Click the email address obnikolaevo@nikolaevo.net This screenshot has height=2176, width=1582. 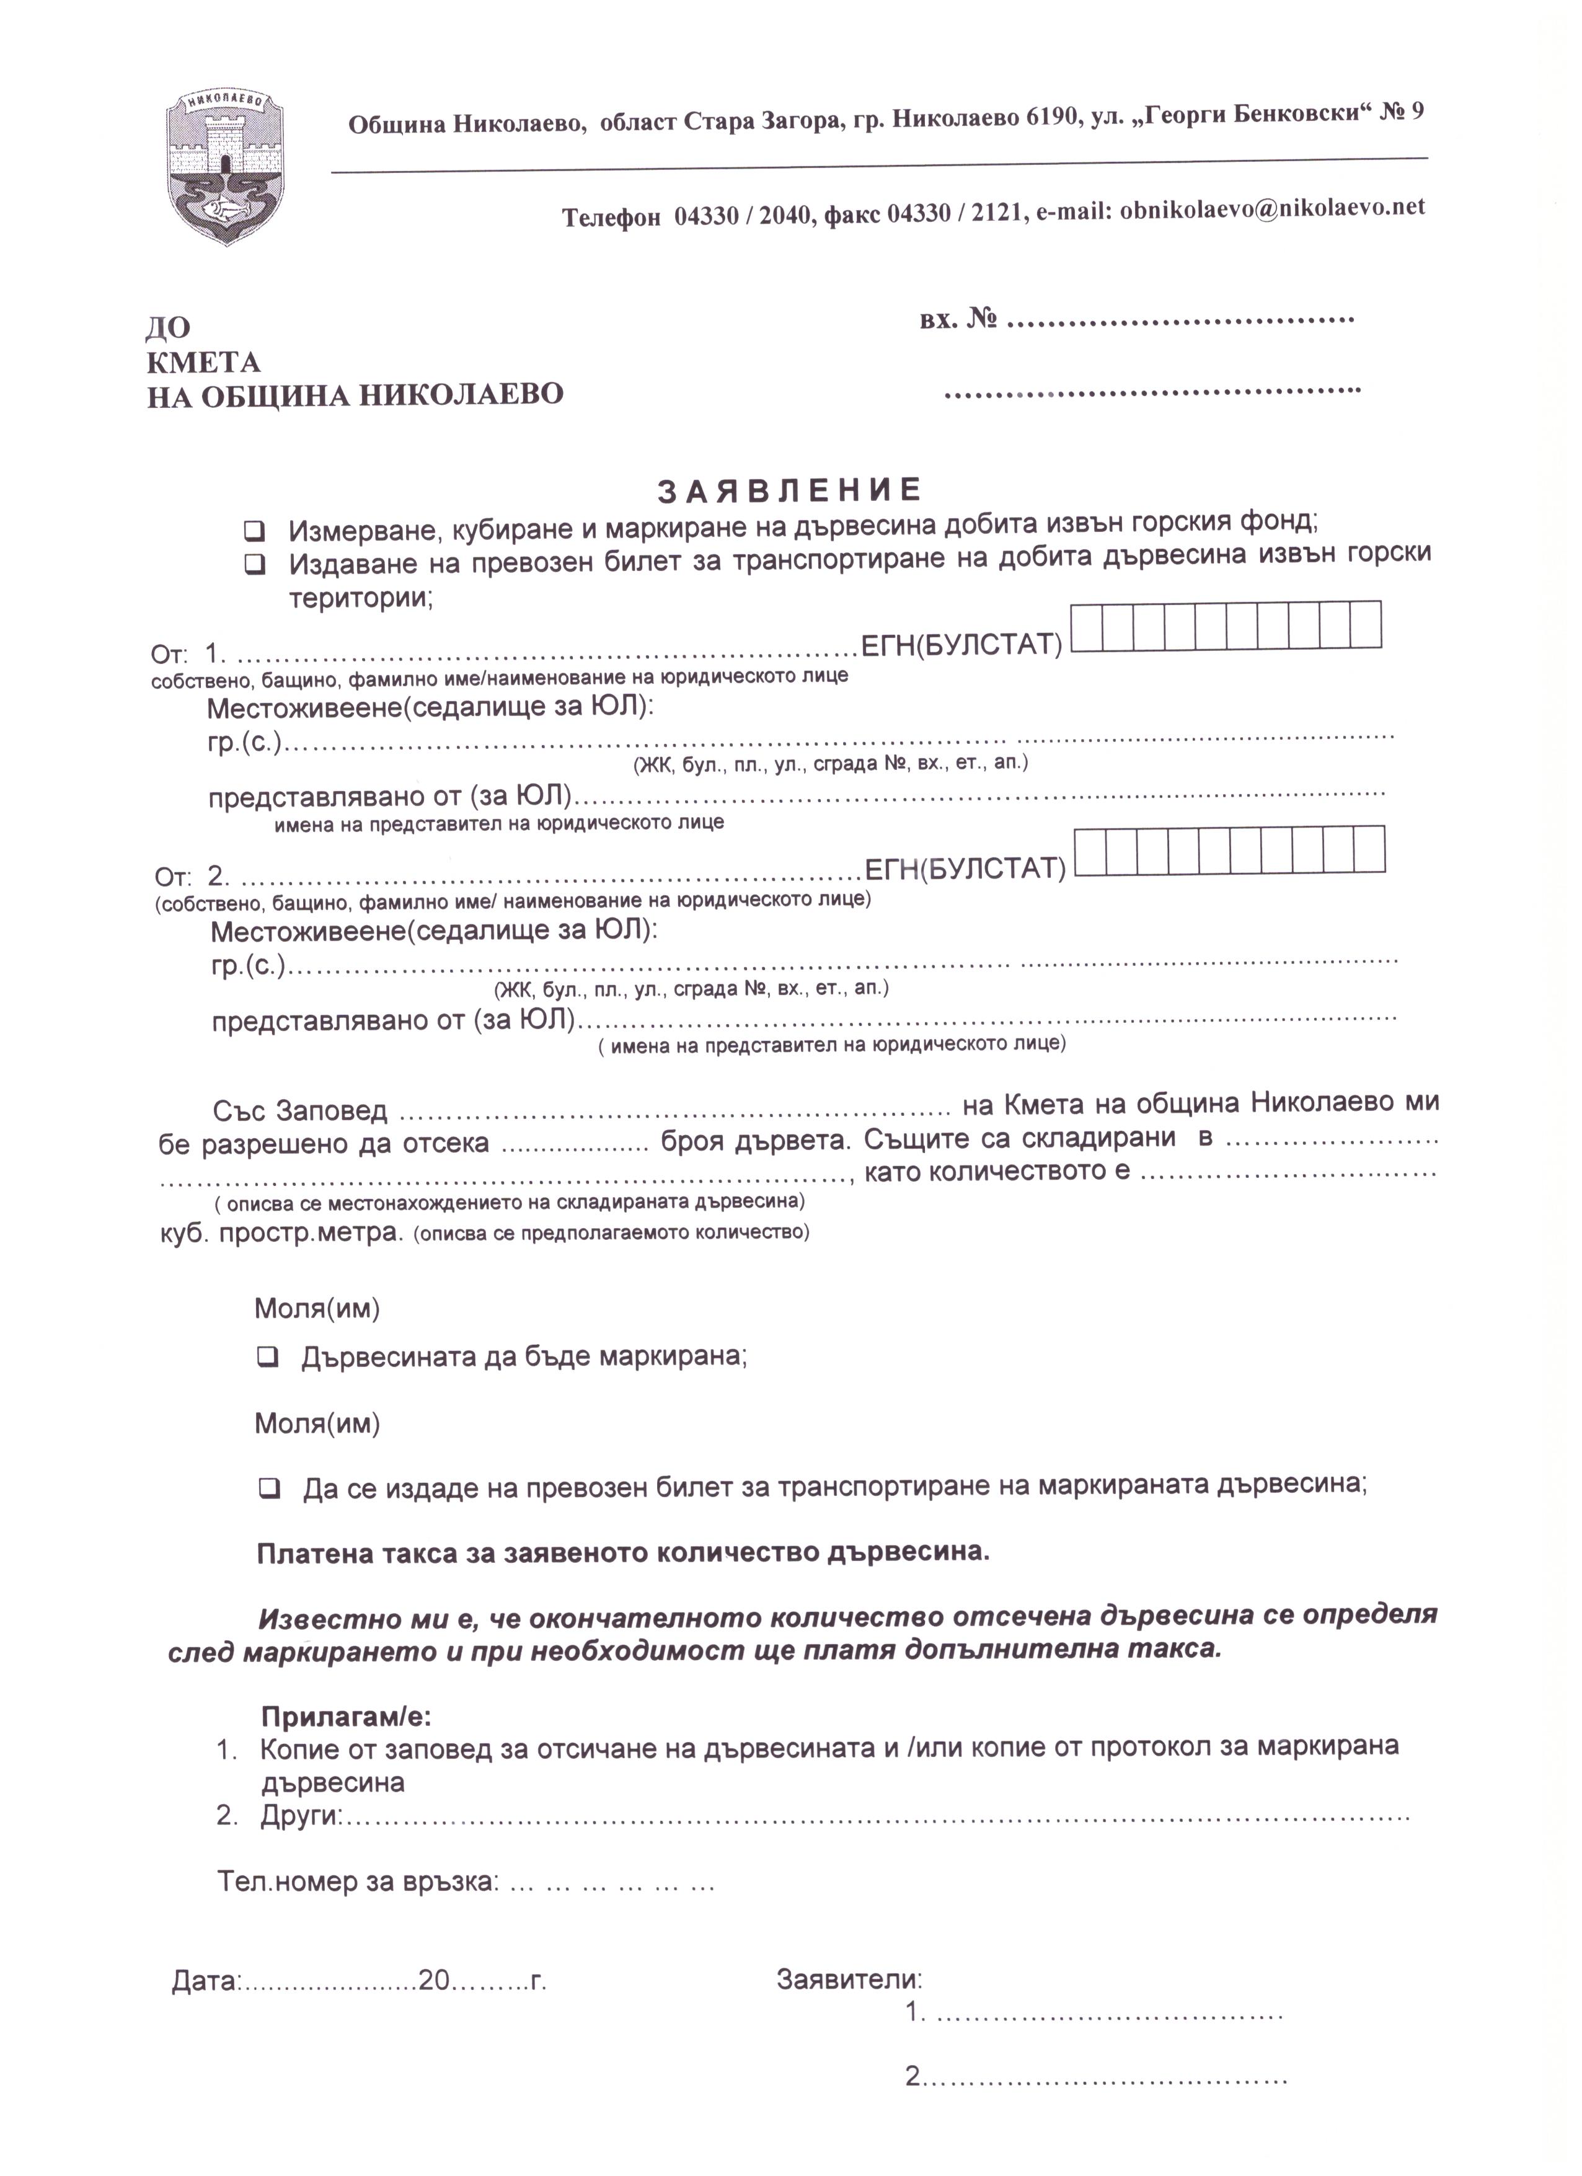tap(1272, 208)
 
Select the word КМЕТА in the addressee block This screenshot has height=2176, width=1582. tap(203, 363)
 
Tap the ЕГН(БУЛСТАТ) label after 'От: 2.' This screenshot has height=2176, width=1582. tap(965, 869)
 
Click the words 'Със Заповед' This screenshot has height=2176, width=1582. tap(299, 1111)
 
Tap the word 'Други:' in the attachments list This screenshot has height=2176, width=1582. tap(300, 1816)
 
